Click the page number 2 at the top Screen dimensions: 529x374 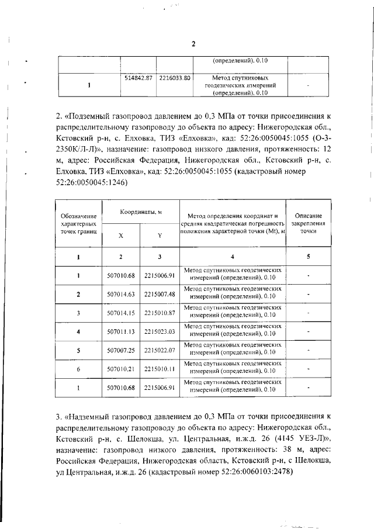pos(193,44)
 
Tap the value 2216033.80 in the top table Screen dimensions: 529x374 pos(175,78)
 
